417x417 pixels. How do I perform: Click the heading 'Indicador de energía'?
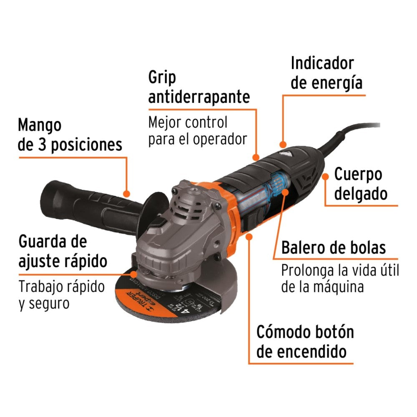click(327, 73)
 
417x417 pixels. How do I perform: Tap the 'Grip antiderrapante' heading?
click(199, 88)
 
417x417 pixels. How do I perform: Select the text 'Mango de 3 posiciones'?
click(70, 135)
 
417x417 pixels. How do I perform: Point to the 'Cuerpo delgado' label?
click(361, 184)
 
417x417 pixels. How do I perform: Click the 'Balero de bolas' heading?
click(333, 248)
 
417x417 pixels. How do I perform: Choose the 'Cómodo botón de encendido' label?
click(305, 342)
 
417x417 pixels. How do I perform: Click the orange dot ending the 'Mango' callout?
click(127, 193)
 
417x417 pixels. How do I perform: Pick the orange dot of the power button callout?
click(249, 237)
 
